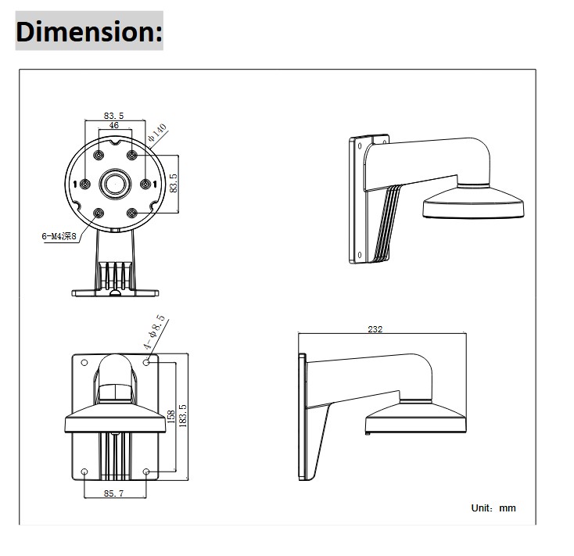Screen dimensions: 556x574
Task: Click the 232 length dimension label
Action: [375, 329]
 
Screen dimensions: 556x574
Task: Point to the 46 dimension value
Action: [113, 125]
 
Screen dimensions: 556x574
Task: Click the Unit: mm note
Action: [493, 508]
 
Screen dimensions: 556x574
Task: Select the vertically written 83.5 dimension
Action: [174, 183]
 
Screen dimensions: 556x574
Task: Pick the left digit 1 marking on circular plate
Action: [76, 185]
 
